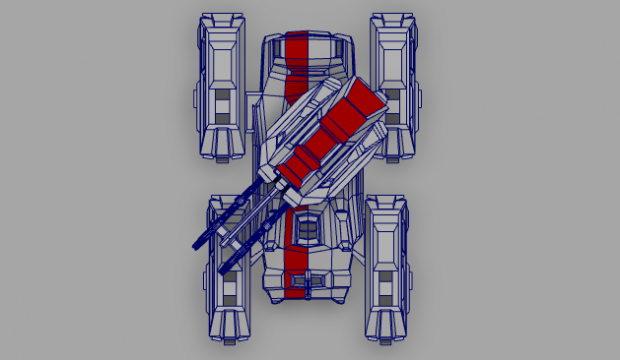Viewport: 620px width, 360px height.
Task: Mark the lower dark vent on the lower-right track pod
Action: coord(385,300)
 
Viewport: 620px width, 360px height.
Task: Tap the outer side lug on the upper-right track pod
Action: coord(421,100)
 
